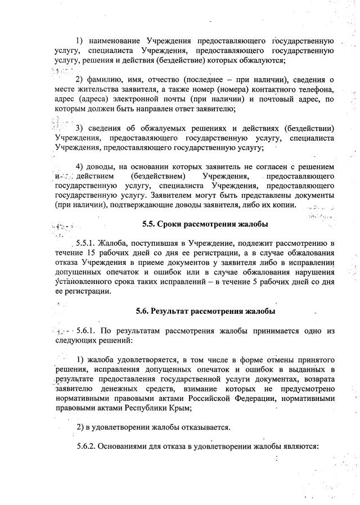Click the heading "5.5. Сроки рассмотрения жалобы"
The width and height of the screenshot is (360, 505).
point(205,224)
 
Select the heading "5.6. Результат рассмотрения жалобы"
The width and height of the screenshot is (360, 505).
point(205,310)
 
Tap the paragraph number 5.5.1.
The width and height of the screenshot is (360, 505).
point(84,243)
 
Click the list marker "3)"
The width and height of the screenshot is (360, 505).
point(80,128)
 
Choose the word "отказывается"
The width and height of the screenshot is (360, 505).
point(204,427)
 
